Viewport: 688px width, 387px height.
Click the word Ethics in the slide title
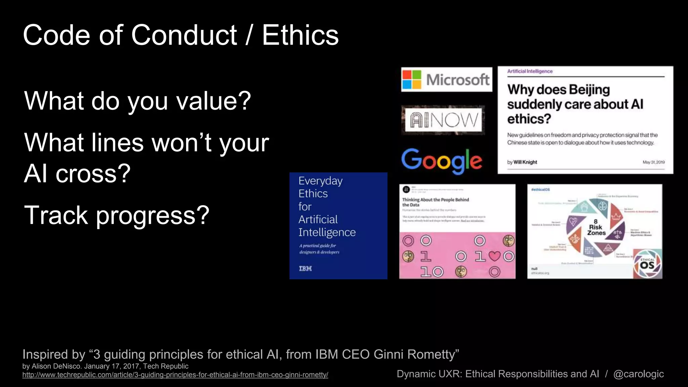[300, 35]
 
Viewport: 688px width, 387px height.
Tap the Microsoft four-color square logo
[412, 79]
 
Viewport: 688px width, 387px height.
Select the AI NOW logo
[443, 120]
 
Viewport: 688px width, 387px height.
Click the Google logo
[441, 161]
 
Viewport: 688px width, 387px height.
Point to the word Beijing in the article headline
[589, 90]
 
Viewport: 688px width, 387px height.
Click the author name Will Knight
[525, 162]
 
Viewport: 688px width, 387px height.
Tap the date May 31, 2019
[653, 162]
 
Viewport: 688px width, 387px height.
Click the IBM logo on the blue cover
[305, 268]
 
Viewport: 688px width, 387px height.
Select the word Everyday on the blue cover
[320, 181]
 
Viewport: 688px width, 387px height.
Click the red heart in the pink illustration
[494, 256]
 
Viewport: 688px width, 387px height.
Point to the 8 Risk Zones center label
[596, 227]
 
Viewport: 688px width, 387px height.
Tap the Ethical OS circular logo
[647, 264]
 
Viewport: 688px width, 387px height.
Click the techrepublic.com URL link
[175, 375]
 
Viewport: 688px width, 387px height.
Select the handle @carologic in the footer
[638, 374]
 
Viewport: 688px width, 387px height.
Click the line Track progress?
[117, 215]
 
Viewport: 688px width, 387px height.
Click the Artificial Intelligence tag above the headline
[530, 71]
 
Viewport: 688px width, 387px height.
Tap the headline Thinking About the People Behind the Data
[435, 202]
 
